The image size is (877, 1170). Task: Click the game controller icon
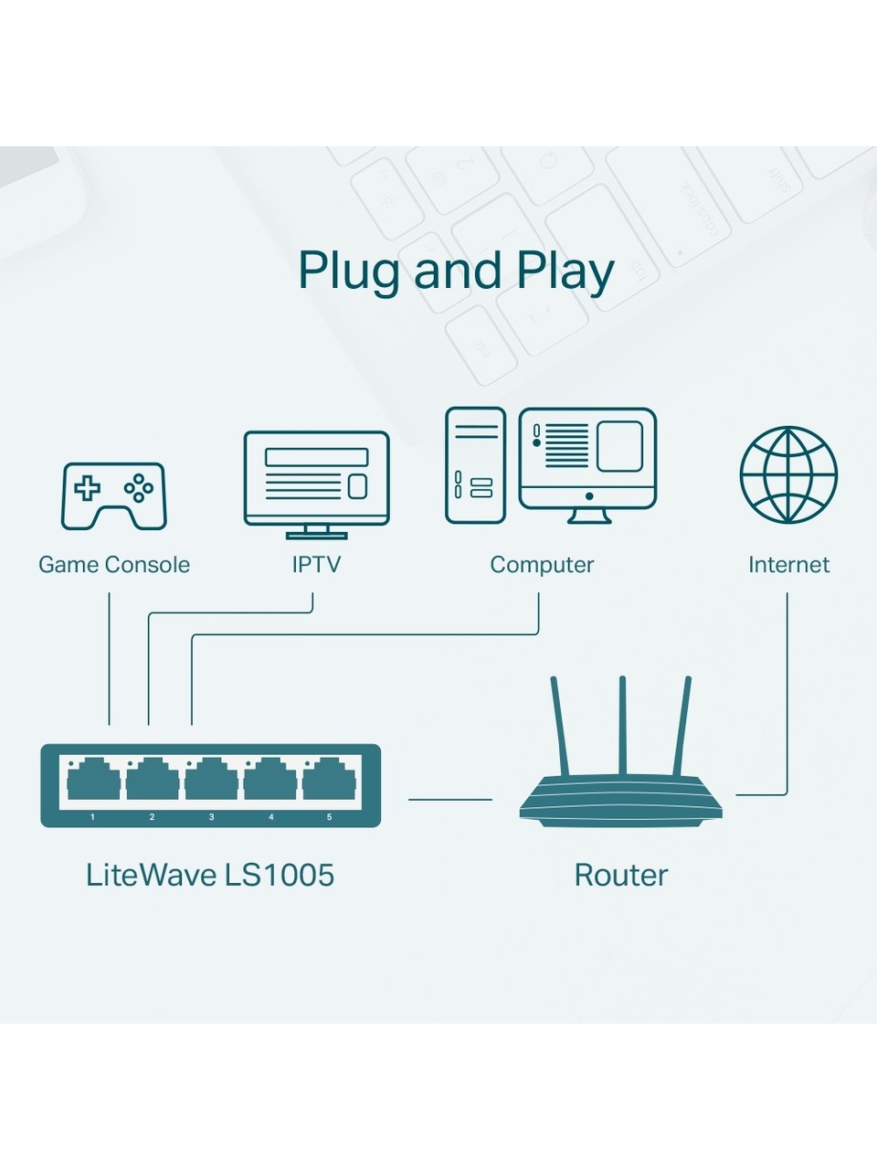(x=114, y=495)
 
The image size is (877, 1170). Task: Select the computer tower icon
(x=475, y=465)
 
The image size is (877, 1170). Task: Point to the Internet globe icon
(x=788, y=473)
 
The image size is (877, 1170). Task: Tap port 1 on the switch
(x=93, y=780)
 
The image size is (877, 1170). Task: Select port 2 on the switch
(x=153, y=780)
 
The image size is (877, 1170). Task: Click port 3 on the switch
(x=211, y=780)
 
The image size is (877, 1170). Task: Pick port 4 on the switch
(x=270, y=780)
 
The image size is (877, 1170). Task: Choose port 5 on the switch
(x=329, y=780)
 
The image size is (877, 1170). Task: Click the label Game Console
(x=114, y=565)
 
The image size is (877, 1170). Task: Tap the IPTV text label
(x=316, y=565)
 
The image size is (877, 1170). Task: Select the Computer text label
(x=542, y=565)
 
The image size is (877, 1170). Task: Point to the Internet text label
(x=788, y=565)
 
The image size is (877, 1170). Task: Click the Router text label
(x=621, y=875)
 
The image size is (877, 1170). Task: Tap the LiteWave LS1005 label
(x=210, y=875)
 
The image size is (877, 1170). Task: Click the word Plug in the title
(x=351, y=271)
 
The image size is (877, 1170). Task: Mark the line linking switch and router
(x=450, y=799)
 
